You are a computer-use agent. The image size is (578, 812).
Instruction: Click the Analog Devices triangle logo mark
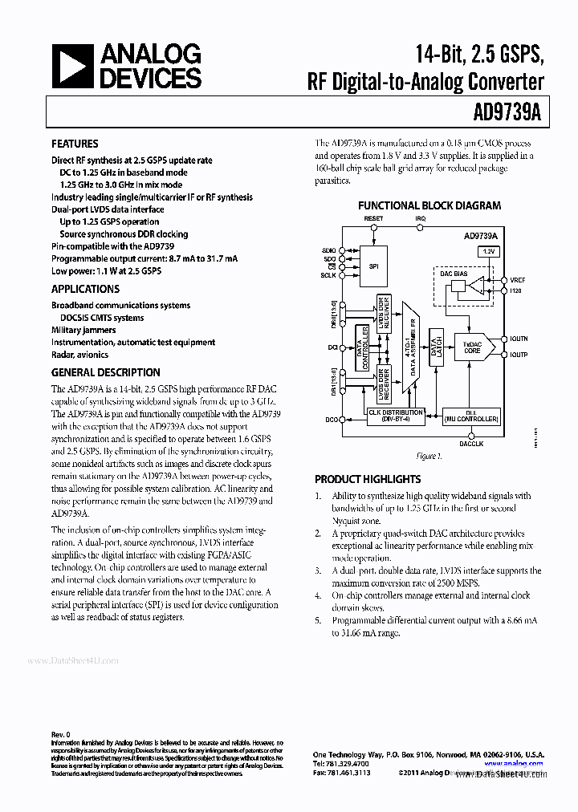[74, 67]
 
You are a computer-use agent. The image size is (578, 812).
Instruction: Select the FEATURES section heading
[75, 144]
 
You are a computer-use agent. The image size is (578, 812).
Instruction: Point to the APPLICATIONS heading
[85, 289]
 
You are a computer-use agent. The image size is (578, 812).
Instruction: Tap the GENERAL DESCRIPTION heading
[105, 372]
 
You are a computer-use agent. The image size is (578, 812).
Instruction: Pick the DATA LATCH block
[436, 347]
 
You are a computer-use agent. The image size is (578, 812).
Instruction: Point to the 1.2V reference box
[489, 252]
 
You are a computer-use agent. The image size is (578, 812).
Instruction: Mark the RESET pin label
[373, 219]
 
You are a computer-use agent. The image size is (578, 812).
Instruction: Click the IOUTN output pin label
[518, 339]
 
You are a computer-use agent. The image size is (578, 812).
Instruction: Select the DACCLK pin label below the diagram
[471, 442]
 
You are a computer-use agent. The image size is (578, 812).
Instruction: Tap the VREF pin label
[517, 280]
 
